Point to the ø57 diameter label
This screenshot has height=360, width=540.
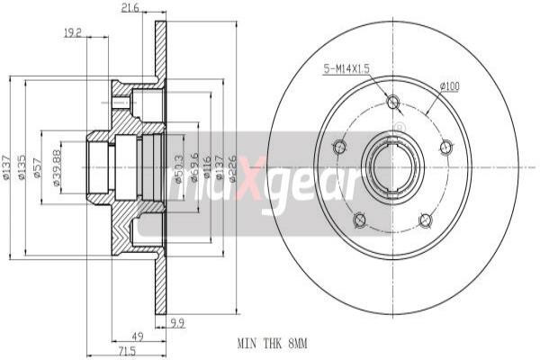(40, 168)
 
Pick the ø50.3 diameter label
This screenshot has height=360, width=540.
(180, 167)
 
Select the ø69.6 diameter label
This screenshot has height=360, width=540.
(194, 167)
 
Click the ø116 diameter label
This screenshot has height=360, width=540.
(207, 167)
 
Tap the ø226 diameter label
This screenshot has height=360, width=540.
(232, 167)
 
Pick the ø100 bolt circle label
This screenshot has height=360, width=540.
(449, 86)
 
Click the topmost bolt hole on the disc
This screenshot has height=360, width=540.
(392, 102)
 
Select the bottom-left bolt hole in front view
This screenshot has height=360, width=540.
(360, 220)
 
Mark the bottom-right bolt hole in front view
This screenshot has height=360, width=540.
(426, 220)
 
